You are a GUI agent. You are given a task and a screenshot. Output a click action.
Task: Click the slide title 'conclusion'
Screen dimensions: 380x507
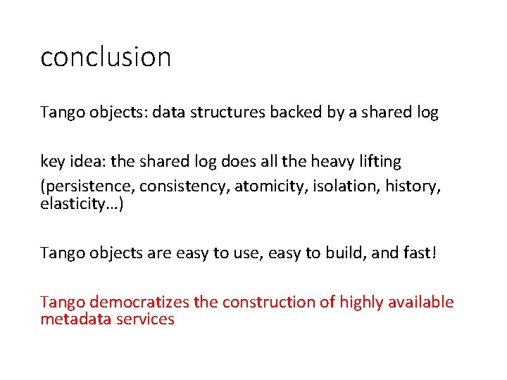click(x=106, y=57)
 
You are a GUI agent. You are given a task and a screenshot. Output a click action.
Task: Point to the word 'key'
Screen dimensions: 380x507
click(x=52, y=162)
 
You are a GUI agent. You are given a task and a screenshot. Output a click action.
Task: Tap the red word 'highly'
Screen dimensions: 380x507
click(x=361, y=302)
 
